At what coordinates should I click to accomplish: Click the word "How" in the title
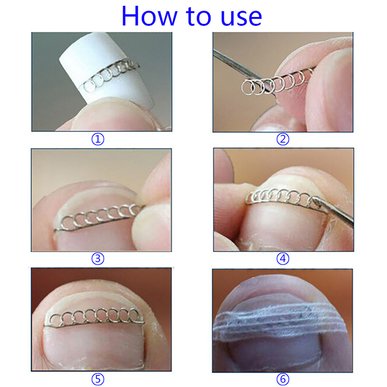click(x=150, y=16)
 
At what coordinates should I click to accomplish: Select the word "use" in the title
click(x=241, y=18)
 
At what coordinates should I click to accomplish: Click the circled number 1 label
click(x=98, y=139)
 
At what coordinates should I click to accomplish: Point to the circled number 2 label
click(x=283, y=139)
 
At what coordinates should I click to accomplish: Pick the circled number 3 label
click(x=98, y=259)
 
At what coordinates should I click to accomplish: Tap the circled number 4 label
click(x=283, y=259)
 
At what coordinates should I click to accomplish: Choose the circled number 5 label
click(x=98, y=379)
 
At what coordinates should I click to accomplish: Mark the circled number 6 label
click(x=283, y=379)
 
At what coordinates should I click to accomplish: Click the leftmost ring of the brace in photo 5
click(x=55, y=319)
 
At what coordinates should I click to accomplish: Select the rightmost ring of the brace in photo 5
click(x=134, y=315)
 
